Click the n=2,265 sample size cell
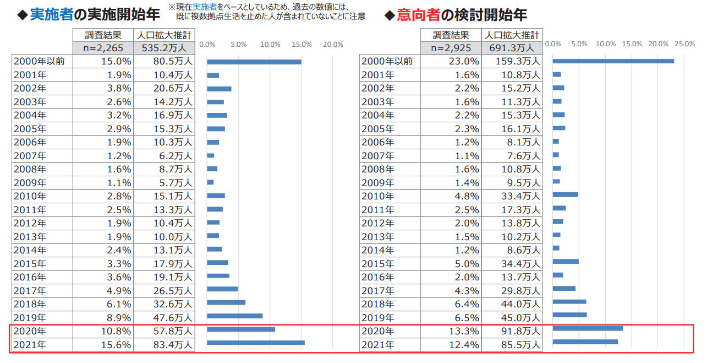(x=103, y=48)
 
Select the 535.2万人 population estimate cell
(x=164, y=48)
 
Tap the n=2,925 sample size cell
(x=451, y=48)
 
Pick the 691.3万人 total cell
(x=512, y=48)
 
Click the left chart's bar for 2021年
(x=255, y=343)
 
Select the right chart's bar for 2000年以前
(x=613, y=61)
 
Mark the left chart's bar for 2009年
(x=210, y=182)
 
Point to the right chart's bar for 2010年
(x=565, y=194)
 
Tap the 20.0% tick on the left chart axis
(x=333, y=44)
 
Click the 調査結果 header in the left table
(x=103, y=35)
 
